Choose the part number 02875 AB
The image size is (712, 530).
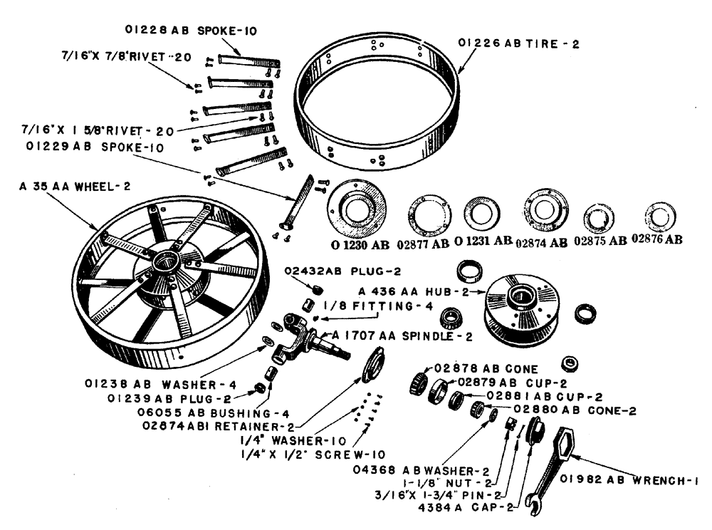coord(599,240)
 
